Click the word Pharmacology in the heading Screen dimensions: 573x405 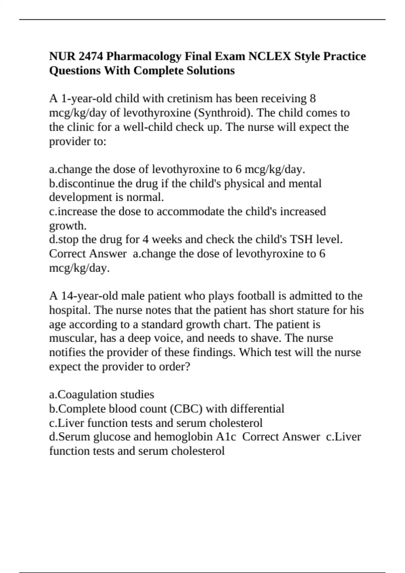[144, 56]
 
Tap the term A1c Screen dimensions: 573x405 [226, 436]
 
